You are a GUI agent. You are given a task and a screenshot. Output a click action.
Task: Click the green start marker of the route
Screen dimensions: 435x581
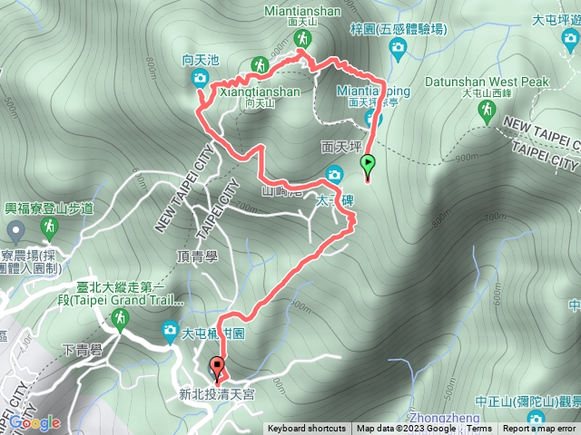click(368, 164)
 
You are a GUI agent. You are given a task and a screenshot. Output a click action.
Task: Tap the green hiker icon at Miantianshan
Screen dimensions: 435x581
click(302, 38)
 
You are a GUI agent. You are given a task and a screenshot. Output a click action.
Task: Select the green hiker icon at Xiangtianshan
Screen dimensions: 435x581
click(259, 65)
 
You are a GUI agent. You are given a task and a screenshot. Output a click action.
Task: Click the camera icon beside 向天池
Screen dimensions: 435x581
click(200, 79)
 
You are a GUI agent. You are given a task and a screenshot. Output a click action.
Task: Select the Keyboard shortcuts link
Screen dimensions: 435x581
click(307, 429)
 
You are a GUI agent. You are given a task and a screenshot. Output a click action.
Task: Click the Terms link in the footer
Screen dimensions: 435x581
click(479, 429)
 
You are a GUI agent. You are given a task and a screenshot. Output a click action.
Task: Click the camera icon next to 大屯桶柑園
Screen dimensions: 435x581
click(170, 333)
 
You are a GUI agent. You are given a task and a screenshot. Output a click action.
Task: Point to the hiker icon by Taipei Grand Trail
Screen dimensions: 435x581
click(120, 317)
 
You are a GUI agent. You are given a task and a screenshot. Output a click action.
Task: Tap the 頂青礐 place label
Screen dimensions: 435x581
click(197, 256)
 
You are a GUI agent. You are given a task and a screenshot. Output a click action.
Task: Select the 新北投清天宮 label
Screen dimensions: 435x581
click(217, 394)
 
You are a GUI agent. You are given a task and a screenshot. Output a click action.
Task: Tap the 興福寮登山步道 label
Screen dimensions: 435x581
click(48, 208)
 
